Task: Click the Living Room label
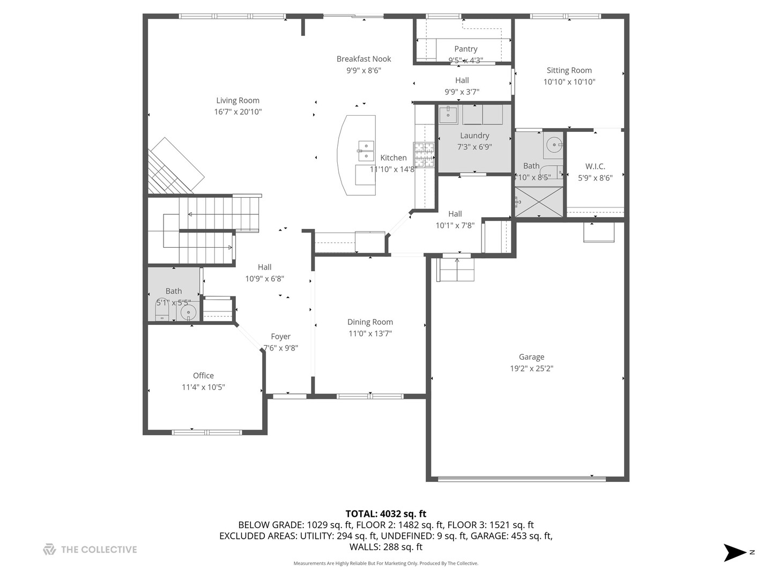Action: (237, 100)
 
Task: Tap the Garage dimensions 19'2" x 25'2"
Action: (531, 368)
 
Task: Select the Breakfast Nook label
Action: (363, 59)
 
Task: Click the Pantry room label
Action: (465, 49)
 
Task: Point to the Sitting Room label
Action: (569, 70)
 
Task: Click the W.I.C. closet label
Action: (595, 166)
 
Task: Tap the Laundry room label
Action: (474, 136)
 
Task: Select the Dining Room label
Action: (370, 322)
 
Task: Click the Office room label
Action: (203, 376)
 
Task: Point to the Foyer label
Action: (280, 337)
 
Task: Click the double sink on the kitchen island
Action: (366, 151)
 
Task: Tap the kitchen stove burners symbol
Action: (423, 155)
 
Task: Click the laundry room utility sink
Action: (448, 115)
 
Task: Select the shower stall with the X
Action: (539, 202)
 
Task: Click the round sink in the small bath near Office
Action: (188, 312)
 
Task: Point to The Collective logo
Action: (90, 550)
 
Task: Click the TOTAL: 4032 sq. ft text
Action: (385, 514)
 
